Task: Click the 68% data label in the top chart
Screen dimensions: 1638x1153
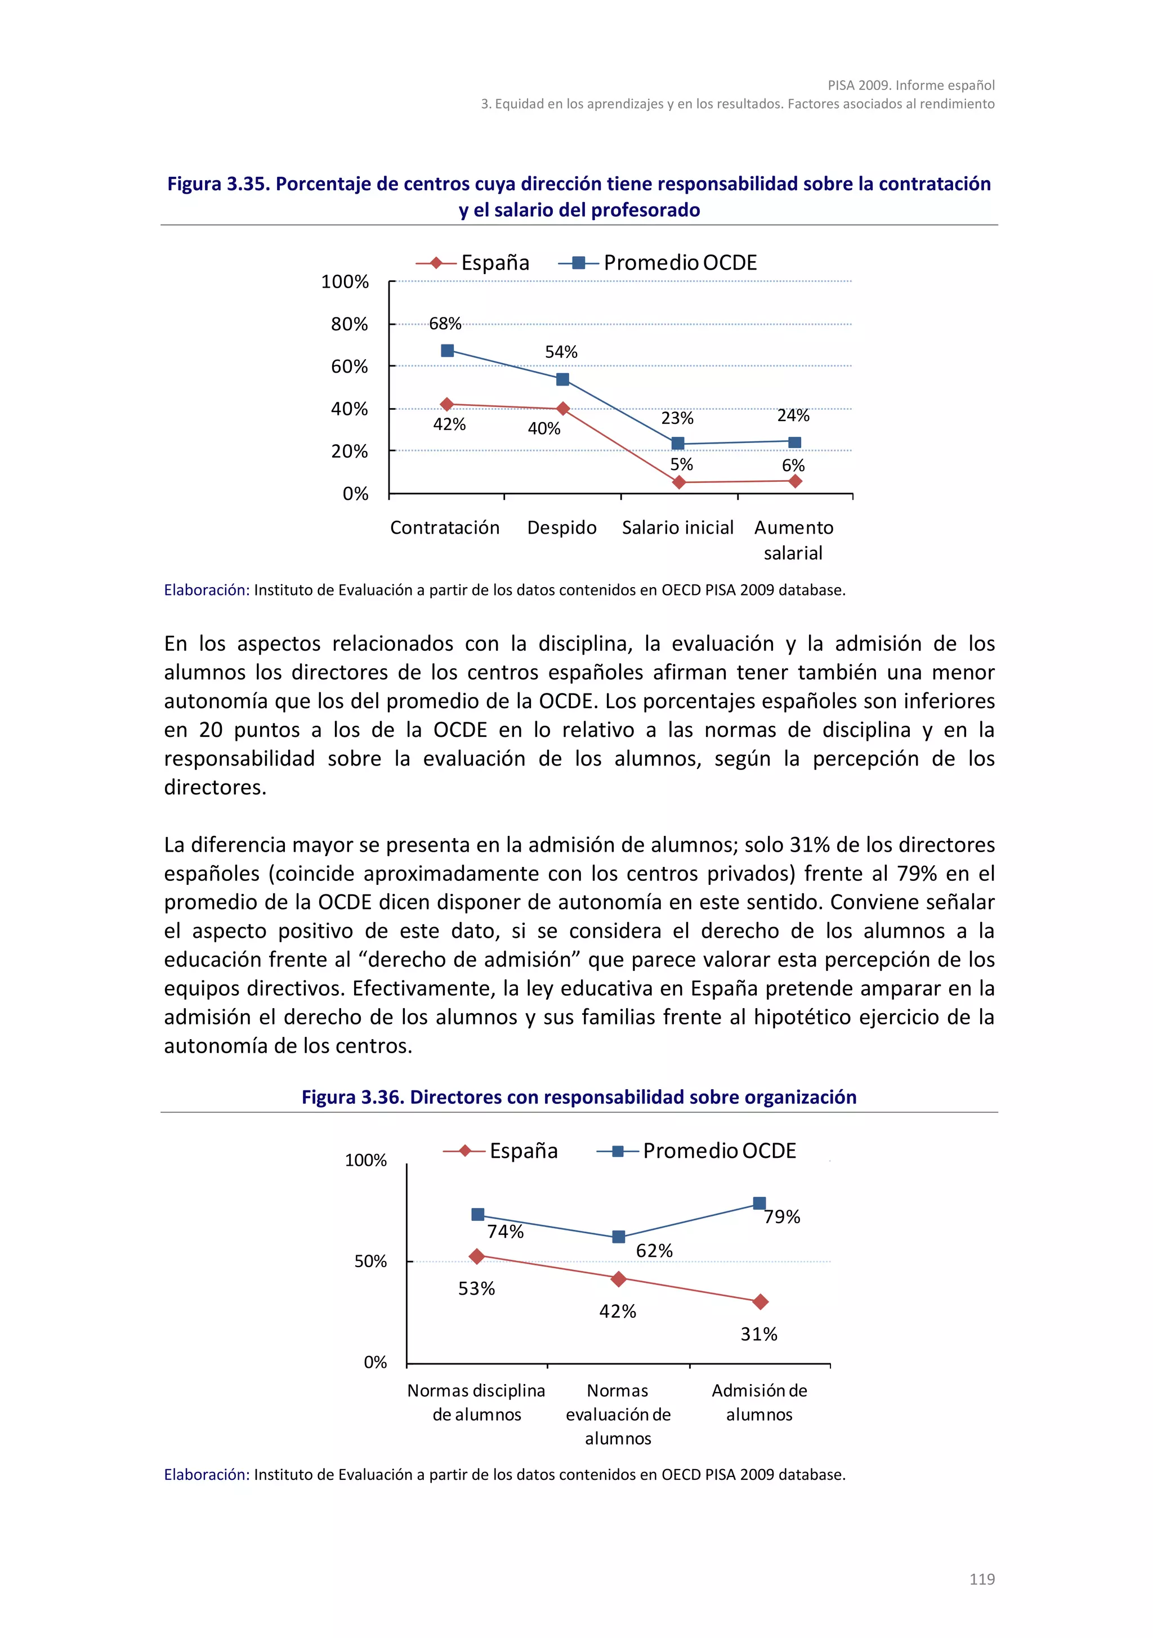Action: [445, 324]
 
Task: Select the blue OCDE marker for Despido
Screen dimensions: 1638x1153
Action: [562, 379]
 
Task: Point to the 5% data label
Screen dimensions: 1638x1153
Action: [681, 464]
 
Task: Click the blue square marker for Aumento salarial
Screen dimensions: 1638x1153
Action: [794, 442]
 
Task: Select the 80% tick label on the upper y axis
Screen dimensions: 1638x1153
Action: [349, 325]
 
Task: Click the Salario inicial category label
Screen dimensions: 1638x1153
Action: [677, 528]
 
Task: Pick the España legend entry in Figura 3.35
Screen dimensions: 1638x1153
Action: [472, 262]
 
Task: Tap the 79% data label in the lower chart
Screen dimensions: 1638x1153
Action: [781, 1217]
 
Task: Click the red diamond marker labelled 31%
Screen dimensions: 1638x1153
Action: [760, 1302]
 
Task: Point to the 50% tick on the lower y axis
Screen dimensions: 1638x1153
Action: [370, 1261]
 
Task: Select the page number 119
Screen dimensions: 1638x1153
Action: [981, 1579]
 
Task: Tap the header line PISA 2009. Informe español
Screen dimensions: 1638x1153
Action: [910, 85]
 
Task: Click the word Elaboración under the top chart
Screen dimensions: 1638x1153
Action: [206, 590]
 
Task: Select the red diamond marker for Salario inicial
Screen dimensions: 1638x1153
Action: [678, 482]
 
